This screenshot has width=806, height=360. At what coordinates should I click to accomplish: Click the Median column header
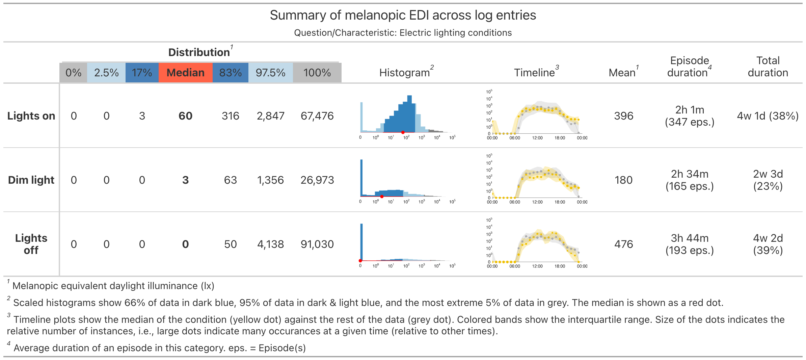(185, 73)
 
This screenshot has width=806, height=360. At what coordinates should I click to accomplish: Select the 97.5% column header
(270, 73)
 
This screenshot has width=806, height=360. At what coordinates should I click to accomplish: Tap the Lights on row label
(31, 116)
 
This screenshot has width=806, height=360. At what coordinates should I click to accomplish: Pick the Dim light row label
(31, 180)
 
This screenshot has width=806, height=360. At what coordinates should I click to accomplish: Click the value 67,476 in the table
(317, 116)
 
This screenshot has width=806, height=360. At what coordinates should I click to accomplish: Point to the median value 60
(185, 116)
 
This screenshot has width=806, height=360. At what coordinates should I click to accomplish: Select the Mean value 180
(623, 180)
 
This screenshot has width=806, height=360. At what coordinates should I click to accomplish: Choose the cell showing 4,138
(270, 244)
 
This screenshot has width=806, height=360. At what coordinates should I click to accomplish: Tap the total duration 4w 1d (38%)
(768, 116)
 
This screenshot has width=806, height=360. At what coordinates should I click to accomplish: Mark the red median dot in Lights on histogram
(403, 132)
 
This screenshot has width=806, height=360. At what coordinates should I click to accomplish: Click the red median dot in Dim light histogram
(382, 197)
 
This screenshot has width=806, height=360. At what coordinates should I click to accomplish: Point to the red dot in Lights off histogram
(360, 261)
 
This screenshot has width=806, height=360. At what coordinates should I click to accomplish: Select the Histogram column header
(404, 73)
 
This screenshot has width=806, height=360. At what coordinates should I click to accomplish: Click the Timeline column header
(534, 73)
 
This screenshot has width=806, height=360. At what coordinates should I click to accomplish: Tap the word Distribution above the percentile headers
(199, 52)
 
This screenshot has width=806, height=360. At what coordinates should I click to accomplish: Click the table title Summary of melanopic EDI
(403, 15)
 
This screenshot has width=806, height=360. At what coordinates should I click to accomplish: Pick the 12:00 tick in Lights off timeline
(537, 266)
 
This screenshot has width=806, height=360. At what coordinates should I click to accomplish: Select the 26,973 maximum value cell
(317, 180)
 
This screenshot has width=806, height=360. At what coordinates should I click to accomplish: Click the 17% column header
(142, 73)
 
